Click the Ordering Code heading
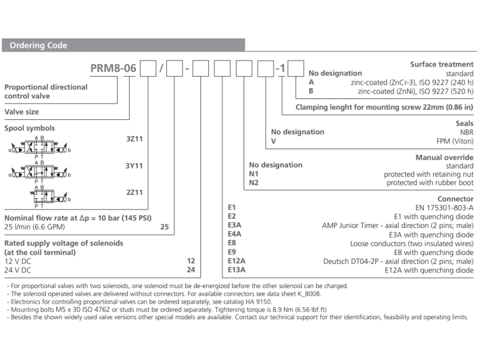point(38,46)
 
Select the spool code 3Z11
point(134,139)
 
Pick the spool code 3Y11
point(134,166)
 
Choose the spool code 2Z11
point(134,192)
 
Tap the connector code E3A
point(235,226)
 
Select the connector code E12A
point(237,262)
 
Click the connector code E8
point(232,244)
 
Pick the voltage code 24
point(191,270)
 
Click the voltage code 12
point(191,261)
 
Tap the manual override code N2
point(254,182)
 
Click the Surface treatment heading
point(442,64)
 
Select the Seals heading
point(464,124)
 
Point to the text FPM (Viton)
point(455,141)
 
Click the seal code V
point(274,141)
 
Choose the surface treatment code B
point(311,91)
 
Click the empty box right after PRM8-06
point(147,69)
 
